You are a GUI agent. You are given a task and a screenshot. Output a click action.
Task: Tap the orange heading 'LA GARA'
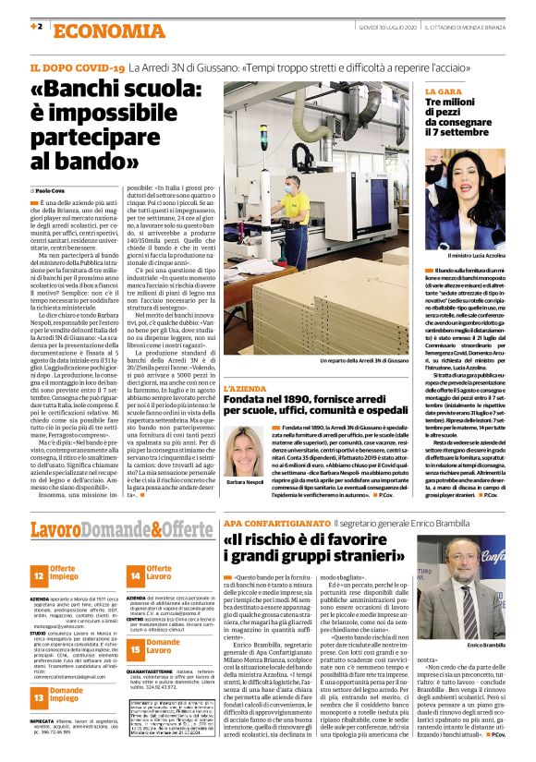coord(443,93)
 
